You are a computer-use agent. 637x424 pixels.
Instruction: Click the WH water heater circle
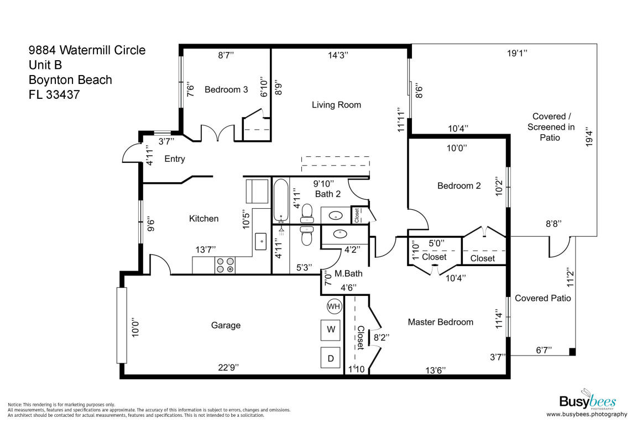pyautogui.click(x=334, y=306)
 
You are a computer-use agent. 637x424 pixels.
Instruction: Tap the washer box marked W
pyautogui.click(x=331, y=330)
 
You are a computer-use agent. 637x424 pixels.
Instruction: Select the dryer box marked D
pyautogui.click(x=331, y=358)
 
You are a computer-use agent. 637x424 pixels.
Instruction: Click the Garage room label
pyautogui.click(x=226, y=325)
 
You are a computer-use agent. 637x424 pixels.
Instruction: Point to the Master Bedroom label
pyautogui.click(x=440, y=322)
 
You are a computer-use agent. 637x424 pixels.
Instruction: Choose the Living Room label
pyautogui.click(x=336, y=105)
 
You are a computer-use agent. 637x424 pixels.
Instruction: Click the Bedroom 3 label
pyautogui.click(x=226, y=89)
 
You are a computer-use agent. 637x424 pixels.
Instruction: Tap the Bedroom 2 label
pyautogui.click(x=459, y=186)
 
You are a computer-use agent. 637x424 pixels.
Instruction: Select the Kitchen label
pyautogui.click(x=203, y=219)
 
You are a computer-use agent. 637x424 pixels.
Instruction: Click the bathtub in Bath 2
pyautogui.click(x=281, y=200)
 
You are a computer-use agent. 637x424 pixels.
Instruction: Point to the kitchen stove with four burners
pyautogui.click(x=224, y=266)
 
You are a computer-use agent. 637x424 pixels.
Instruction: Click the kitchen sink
pyautogui.click(x=261, y=241)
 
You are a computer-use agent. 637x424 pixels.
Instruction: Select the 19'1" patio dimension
pyautogui.click(x=517, y=54)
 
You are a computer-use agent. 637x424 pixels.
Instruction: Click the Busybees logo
pyautogui.click(x=587, y=400)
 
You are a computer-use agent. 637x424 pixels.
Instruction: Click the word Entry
pyautogui.click(x=175, y=159)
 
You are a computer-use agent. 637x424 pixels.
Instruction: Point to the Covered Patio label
pyautogui.click(x=542, y=298)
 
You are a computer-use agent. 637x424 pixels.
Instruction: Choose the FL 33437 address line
pyautogui.click(x=54, y=94)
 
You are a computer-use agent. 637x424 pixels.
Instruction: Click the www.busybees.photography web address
pyautogui.click(x=587, y=414)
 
